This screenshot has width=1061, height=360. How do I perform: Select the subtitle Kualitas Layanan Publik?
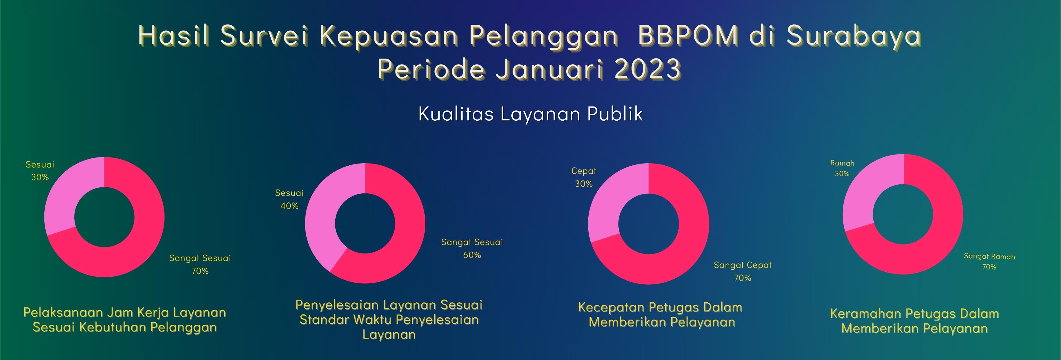(531, 114)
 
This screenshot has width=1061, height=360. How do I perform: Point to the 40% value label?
(289, 205)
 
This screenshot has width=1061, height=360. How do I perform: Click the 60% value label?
(472, 255)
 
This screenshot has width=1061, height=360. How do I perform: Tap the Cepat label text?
(584, 171)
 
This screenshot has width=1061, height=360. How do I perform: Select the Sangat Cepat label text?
(743, 265)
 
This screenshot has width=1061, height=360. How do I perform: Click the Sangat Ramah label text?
(989, 256)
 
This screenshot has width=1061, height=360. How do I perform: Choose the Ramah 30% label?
(842, 168)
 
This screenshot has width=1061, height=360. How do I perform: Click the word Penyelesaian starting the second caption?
(337, 305)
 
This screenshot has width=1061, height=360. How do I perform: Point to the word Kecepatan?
(611, 307)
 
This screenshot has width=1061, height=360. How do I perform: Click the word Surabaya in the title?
(854, 36)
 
